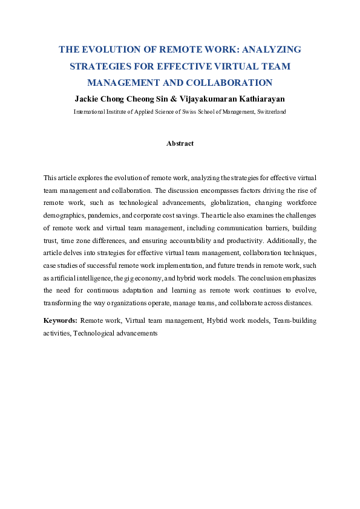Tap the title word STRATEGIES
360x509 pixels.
102,66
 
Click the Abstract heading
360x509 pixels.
180,143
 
